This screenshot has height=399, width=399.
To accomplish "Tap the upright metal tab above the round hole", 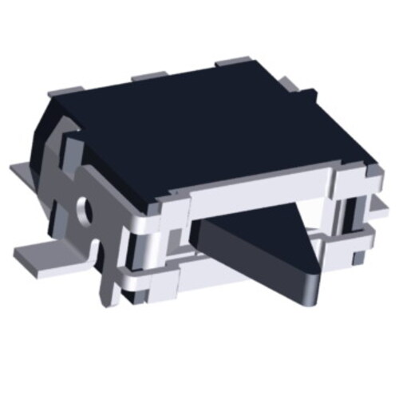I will pos(72,156).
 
